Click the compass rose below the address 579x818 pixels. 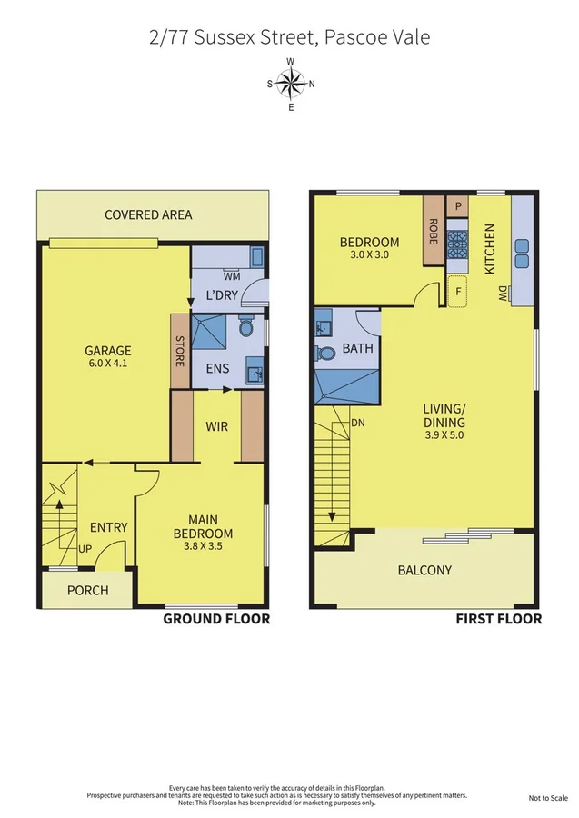point(291,85)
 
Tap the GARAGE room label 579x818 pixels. point(108,350)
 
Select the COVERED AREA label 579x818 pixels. point(148,214)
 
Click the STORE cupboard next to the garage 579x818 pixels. point(180,353)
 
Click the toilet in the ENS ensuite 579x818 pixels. point(245,327)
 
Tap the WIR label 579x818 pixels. point(216,424)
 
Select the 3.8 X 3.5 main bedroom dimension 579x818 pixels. point(203,547)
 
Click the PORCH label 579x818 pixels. point(88,590)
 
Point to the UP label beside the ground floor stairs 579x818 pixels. point(85,549)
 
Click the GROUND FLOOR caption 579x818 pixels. point(216,619)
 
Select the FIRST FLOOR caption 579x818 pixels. point(498,619)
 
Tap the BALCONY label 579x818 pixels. point(424,570)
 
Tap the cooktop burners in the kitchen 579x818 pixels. point(458,245)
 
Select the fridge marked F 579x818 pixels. point(458,293)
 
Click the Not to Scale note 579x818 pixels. point(548,798)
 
